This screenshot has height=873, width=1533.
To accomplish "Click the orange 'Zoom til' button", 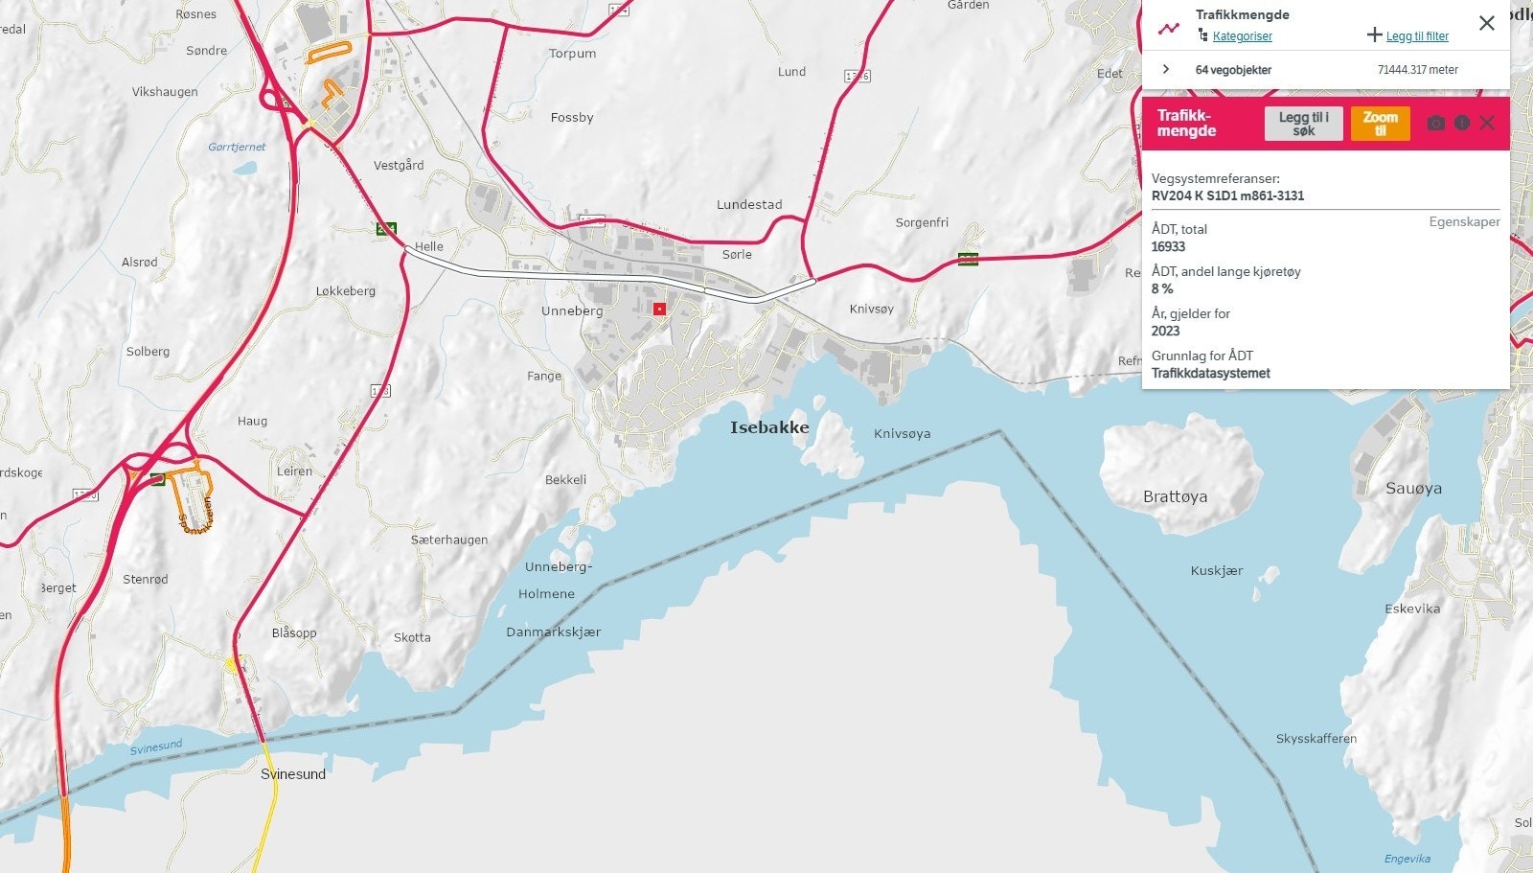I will pyautogui.click(x=1380, y=124).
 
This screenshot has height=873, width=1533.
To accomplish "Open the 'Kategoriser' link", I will pyautogui.click(x=1242, y=36).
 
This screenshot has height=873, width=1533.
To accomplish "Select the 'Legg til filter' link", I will pyautogui.click(x=1416, y=36).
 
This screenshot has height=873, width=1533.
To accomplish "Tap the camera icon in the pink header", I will pyautogui.click(x=1435, y=123).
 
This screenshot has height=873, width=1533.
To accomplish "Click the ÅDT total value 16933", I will pyautogui.click(x=1168, y=246).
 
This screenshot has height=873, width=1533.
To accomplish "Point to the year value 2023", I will pyautogui.click(x=1165, y=331).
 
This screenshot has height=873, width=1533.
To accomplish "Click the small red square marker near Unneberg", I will pyautogui.click(x=659, y=309).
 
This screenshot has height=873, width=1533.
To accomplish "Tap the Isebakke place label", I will pyautogui.click(x=769, y=427).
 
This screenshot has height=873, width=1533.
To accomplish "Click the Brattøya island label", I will pyautogui.click(x=1175, y=496).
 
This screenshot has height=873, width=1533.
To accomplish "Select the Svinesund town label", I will pyautogui.click(x=293, y=774).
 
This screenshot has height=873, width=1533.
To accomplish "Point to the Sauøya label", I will pyautogui.click(x=1413, y=489).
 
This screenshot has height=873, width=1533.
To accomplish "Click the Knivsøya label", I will pyautogui.click(x=902, y=434).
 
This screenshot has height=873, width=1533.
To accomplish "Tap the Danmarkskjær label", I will pyautogui.click(x=553, y=632).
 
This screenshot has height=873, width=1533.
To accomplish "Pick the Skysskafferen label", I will pyautogui.click(x=1316, y=739).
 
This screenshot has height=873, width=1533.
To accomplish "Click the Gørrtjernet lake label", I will pyautogui.click(x=237, y=147).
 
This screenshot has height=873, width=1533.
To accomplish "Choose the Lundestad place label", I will pyautogui.click(x=749, y=204).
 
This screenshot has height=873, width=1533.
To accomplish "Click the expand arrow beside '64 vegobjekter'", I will pyautogui.click(x=1166, y=69).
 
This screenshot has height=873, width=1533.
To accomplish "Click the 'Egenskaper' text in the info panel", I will pyautogui.click(x=1464, y=221).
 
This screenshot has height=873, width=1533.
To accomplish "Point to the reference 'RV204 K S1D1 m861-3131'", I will pyautogui.click(x=1227, y=195).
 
